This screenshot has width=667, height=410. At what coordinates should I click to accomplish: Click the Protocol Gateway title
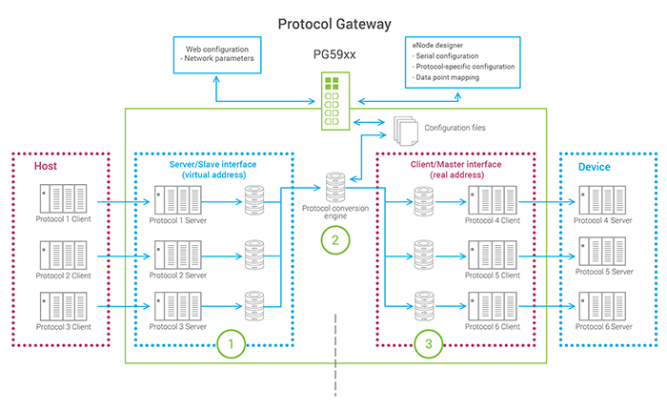pyautogui.click(x=334, y=24)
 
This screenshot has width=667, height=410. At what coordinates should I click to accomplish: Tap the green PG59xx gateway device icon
pyautogui.click(x=335, y=101)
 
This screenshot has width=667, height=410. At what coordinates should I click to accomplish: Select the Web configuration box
pyautogui.click(x=217, y=55)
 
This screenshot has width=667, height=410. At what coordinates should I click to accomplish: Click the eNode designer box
pyautogui.click(x=462, y=62)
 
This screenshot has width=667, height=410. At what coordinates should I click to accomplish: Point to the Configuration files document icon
pyautogui.click(x=405, y=131)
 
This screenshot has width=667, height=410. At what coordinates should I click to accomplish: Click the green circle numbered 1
pyautogui.click(x=231, y=343)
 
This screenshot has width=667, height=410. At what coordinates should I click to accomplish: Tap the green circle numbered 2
pyautogui.click(x=335, y=240)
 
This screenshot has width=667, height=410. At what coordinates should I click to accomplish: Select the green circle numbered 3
pyautogui.click(x=429, y=343)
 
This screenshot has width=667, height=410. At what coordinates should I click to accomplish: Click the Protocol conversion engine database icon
pyautogui.click(x=335, y=187)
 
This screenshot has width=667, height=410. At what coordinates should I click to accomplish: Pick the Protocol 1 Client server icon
pyautogui.click(x=64, y=198)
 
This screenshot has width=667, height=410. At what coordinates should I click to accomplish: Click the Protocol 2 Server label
pyautogui.click(x=178, y=276)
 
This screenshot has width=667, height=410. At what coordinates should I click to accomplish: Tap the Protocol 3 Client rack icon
pyautogui.click(x=64, y=306)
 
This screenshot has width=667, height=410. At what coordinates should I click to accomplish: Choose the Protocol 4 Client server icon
pyautogui.click(x=493, y=200)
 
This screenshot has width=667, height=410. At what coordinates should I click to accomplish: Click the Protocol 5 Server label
pyautogui.click(x=604, y=272)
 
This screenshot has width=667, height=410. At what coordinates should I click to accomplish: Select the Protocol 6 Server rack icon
pyautogui.click(x=602, y=306)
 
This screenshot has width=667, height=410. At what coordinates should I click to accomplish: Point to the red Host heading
pyautogui.click(x=46, y=166)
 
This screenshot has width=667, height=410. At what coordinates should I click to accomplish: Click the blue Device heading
pyautogui.click(x=595, y=167)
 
